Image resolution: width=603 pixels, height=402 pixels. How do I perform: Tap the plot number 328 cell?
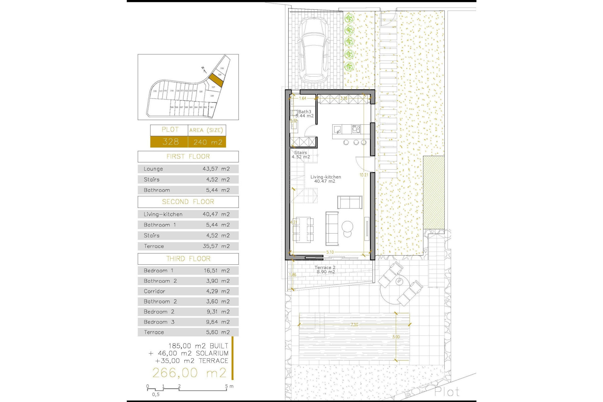[170, 142]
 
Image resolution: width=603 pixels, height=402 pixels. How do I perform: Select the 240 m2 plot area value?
[208, 142]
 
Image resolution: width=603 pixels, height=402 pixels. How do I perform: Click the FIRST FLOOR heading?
[188, 156]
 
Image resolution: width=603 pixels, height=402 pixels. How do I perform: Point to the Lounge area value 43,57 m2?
[216, 169]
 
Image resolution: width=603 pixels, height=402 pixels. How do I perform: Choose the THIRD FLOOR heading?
[188, 259]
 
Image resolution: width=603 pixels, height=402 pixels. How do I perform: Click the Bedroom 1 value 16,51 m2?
[217, 271]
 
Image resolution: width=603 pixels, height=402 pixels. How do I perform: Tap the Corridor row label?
[154, 291]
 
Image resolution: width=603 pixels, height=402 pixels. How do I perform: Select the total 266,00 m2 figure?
[189, 373]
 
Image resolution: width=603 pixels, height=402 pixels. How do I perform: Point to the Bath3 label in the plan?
[304, 112]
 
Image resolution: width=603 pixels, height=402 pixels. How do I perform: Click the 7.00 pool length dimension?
[354, 325]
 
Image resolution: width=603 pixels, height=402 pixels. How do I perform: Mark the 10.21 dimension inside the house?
[364, 175]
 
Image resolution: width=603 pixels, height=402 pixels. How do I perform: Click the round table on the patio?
[399, 281]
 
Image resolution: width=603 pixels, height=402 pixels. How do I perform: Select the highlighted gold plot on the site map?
[216, 80]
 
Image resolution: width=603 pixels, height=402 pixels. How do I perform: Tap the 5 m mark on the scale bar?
[226, 386]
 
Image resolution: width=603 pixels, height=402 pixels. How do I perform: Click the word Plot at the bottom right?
[447, 392]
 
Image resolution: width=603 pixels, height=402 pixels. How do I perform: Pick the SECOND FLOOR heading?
[188, 202]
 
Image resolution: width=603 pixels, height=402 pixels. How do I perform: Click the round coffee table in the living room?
[347, 226]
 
